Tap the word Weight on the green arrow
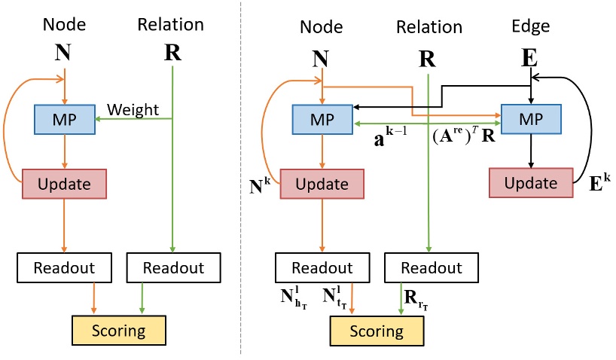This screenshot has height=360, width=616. [133, 110]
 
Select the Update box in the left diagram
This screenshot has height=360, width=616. [65, 184]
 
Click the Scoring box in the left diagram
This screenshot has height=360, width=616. [118, 331]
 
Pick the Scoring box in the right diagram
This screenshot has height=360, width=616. [374, 331]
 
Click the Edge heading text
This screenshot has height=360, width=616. [530, 26]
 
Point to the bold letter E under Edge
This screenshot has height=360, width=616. [530, 59]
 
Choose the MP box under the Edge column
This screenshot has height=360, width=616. [530, 118]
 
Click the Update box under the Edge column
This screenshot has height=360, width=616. [530, 183]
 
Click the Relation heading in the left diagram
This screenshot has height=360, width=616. [170, 25]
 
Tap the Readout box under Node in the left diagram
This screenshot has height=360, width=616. [65, 268]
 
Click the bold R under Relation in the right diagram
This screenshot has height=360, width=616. [427, 59]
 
